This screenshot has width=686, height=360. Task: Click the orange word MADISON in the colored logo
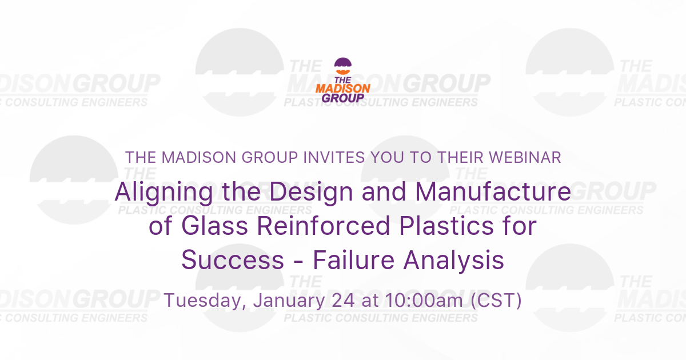343,88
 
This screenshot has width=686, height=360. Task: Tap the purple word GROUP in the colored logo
343,97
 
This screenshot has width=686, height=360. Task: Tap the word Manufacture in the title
492,193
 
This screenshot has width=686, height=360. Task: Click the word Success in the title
233,261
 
